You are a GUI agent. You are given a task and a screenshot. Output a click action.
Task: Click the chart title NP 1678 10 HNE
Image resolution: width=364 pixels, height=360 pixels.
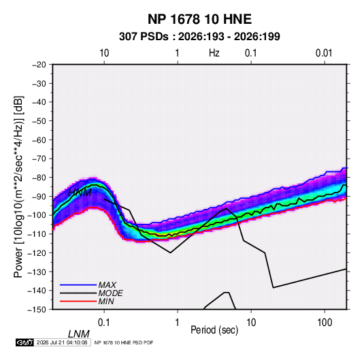tap(199, 19)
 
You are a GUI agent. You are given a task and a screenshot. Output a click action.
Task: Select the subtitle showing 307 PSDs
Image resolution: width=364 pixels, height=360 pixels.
tap(199, 37)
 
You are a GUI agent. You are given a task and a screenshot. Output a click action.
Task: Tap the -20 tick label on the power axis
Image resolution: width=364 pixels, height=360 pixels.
tap(39, 65)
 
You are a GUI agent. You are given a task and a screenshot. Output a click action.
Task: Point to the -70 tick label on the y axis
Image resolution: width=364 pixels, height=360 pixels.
tap(39, 159)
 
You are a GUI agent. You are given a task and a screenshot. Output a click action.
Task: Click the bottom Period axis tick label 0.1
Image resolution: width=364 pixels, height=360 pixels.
tap(104, 323)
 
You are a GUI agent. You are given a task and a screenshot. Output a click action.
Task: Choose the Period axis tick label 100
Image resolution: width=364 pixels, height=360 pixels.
tap(325, 323)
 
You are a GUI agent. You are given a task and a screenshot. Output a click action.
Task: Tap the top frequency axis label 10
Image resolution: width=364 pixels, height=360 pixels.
tap(104, 53)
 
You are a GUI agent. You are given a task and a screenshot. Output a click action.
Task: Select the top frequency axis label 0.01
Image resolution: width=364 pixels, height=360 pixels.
tap(324, 53)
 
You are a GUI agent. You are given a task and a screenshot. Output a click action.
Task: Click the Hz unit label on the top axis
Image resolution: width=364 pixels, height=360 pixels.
tap(214, 53)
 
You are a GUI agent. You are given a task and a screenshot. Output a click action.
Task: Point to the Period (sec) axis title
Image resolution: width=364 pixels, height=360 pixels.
tap(214, 330)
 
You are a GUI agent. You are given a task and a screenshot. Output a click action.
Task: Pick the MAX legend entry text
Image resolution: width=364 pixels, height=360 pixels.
tap(107, 285)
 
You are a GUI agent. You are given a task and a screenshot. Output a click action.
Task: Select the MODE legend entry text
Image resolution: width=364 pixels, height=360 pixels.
tap(110, 293)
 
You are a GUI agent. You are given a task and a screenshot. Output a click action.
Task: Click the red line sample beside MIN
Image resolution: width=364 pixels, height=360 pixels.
tap(78, 301)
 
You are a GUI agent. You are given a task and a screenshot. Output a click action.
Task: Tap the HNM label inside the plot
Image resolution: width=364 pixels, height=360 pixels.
tap(80, 193)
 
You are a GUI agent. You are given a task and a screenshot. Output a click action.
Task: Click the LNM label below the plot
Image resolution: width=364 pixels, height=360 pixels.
tap(79, 334)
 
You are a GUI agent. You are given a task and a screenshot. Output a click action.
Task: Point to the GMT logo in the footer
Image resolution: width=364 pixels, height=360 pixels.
tap(24, 342)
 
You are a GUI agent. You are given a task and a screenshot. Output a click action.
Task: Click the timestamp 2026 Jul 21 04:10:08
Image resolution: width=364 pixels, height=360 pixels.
tap(62, 342)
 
